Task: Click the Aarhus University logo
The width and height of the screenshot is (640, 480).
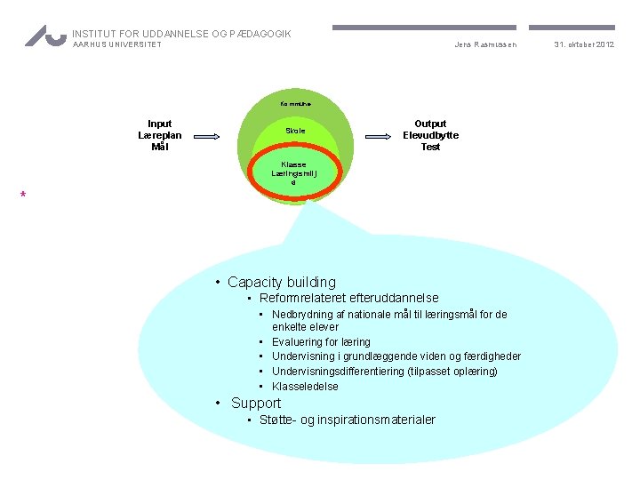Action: tap(45, 36)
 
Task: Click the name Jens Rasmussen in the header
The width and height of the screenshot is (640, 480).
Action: tap(484, 44)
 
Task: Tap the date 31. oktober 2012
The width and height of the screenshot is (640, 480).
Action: tap(584, 44)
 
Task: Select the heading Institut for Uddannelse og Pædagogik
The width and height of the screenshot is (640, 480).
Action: tap(181, 34)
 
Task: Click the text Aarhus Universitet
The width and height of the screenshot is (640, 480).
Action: tap(116, 45)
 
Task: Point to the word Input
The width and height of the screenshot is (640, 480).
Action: tap(160, 124)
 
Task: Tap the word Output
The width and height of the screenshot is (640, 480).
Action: tap(430, 124)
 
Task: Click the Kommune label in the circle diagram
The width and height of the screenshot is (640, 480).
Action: tap(294, 104)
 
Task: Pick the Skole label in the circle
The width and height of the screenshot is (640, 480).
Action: tap(294, 131)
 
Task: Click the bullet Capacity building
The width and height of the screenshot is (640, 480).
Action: tap(281, 282)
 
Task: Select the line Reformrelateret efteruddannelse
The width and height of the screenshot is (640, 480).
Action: tap(348, 298)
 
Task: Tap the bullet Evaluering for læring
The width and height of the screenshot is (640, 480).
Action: tap(321, 341)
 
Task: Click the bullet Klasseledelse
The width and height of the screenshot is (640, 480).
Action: tap(305, 386)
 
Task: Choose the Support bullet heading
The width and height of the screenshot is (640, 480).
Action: tap(256, 403)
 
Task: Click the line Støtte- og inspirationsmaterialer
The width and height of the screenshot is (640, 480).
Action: tap(347, 420)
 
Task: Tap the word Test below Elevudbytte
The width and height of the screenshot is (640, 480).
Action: tap(430, 147)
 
